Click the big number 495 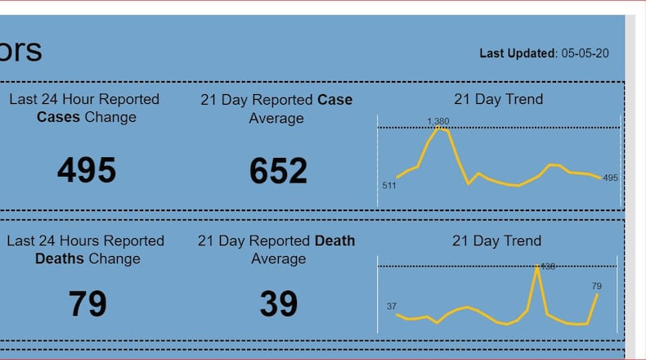click(x=87, y=170)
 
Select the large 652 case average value click(x=278, y=170)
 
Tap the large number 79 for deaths click(x=87, y=304)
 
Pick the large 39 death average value click(x=278, y=304)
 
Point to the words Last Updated click(x=517, y=53)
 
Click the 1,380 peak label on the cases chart click(x=437, y=121)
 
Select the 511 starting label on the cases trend click(x=389, y=186)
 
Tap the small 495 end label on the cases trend click(x=611, y=178)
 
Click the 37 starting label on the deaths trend click(x=391, y=306)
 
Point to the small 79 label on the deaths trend click(x=596, y=286)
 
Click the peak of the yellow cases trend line click(x=440, y=128)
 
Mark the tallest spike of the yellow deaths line click(x=537, y=265)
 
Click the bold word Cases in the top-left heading click(x=58, y=117)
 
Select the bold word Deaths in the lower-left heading click(x=59, y=259)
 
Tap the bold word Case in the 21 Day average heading click(x=335, y=100)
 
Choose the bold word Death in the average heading click(x=334, y=241)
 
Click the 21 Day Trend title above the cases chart click(x=498, y=100)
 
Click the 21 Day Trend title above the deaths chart click(x=496, y=241)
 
